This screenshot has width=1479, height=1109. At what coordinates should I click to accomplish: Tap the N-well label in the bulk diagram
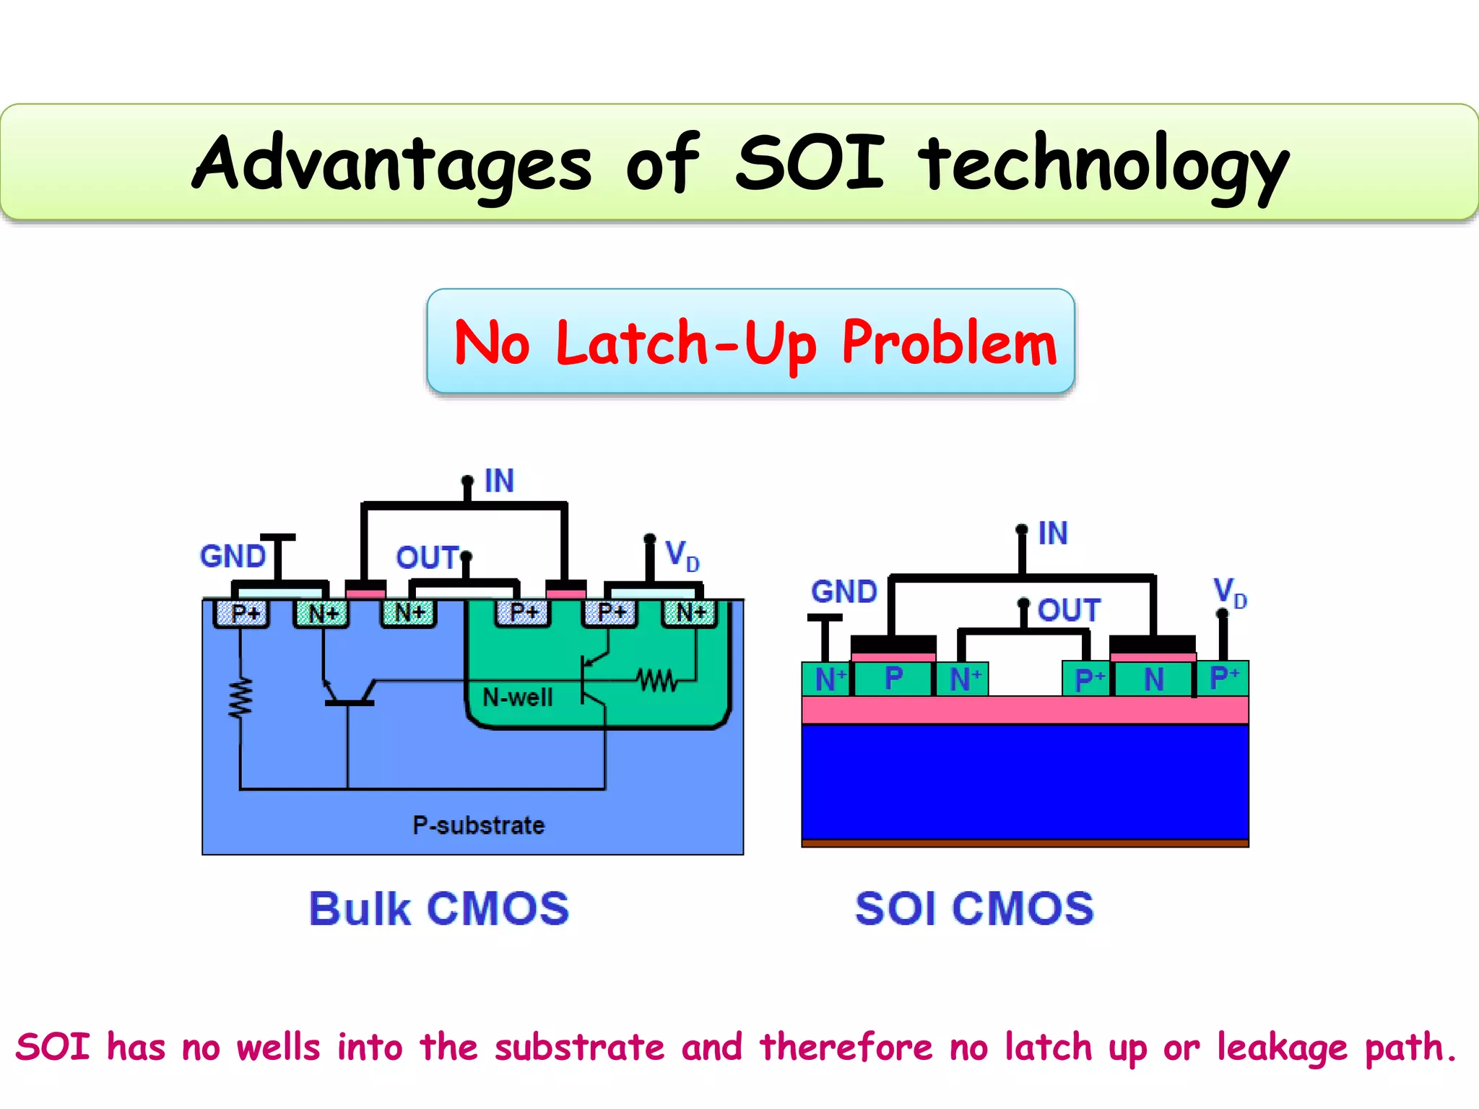click(517, 697)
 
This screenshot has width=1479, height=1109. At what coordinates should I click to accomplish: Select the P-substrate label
click(478, 825)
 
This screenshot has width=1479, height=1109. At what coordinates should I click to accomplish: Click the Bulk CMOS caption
click(439, 908)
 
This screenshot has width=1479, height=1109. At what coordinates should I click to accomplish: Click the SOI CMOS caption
click(974, 908)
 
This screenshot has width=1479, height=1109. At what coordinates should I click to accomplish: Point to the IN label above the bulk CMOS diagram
click(499, 481)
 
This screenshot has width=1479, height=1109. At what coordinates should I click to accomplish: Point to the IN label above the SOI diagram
click(1052, 534)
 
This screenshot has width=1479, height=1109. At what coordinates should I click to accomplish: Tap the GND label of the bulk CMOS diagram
click(233, 557)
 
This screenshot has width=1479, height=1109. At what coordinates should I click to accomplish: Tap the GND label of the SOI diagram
click(843, 592)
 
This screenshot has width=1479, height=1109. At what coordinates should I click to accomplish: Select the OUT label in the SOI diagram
click(1069, 611)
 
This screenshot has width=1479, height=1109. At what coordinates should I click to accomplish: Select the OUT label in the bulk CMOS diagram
click(427, 557)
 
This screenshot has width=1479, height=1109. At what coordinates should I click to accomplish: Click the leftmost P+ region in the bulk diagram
click(243, 614)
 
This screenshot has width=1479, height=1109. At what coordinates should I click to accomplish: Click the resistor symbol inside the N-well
click(656, 680)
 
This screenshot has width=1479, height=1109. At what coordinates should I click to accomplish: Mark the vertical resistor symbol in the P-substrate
click(240, 698)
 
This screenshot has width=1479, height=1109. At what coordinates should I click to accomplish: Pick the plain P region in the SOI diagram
click(893, 679)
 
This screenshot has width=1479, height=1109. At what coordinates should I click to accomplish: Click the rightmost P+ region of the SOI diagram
click(1223, 679)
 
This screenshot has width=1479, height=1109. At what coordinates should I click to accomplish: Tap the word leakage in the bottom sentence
click(1282, 1048)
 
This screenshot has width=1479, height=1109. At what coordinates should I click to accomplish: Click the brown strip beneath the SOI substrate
click(1025, 843)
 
